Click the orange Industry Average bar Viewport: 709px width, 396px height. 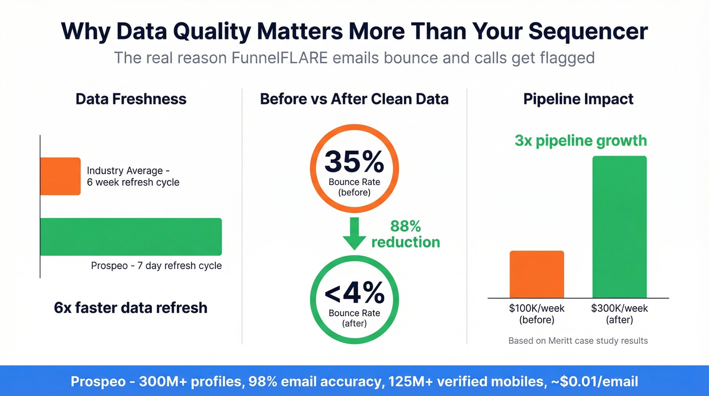[x=60, y=176]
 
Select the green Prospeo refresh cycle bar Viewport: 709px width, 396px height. [x=131, y=236]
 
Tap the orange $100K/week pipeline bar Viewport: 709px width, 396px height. [x=536, y=274]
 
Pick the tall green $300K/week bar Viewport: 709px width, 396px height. [x=619, y=227]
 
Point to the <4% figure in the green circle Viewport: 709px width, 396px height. [x=354, y=293]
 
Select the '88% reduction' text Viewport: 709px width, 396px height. [x=405, y=234]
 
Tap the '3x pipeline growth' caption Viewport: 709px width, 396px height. [x=580, y=140]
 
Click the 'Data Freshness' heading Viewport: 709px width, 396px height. [x=131, y=98]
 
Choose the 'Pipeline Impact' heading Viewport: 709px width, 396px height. [x=578, y=98]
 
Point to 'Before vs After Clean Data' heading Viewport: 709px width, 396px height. [x=354, y=98]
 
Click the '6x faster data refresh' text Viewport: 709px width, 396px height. [x=131, y=307]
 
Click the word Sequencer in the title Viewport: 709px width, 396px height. [x=587, y=31]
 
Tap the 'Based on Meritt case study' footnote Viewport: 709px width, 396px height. [x=578, y=341]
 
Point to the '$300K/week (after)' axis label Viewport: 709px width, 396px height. [x=619, y=314]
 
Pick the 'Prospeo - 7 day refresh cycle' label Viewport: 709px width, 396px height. [x=156, y=266]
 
